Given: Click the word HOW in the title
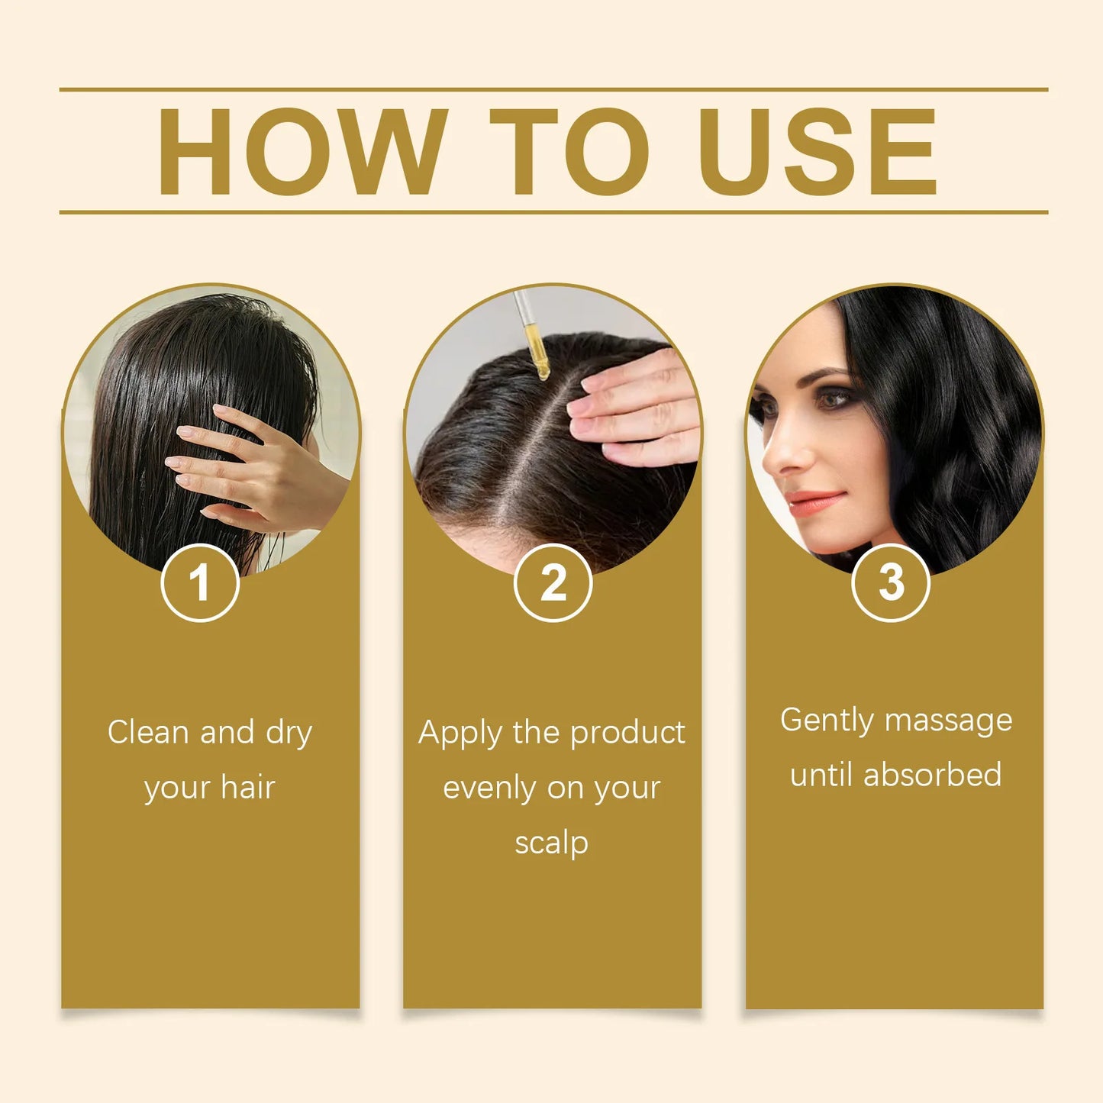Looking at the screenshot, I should [x=302, y=151].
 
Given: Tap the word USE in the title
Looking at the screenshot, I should [x=818, y=151].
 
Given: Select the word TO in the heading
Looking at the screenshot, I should [x=569, y=151].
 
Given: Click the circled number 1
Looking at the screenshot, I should [x=200, y=583].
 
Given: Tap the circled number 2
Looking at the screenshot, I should [x=553, y=583].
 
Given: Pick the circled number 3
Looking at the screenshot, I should [x=891, y=583].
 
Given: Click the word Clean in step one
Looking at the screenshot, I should [x=147, y=732].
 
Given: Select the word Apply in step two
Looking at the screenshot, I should [x=460, y=734].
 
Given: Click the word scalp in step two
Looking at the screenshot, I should [x=551, y=843].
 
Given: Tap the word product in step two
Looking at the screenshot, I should [x=627, y=734].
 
